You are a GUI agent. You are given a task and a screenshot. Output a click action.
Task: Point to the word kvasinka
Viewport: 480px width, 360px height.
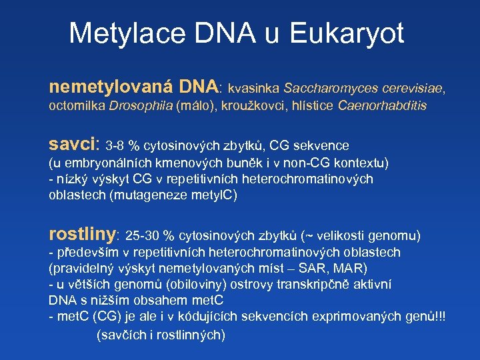coord(254,88)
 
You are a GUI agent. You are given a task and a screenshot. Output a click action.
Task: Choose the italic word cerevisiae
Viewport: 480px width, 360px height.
coord(409,88)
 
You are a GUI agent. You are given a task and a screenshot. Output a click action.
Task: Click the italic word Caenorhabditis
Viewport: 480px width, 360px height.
coord(383,106)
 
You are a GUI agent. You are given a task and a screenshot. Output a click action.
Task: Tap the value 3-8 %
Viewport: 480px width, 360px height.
coord(123,146)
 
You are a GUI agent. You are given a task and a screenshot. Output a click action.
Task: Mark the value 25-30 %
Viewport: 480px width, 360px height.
coord(150,236)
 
